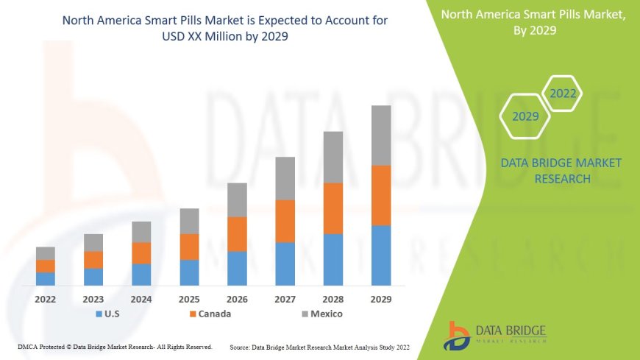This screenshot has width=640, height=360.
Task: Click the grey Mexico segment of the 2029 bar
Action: [381, 135]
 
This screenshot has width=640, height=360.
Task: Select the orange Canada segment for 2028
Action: [333, 208]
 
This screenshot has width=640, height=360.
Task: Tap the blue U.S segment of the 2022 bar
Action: [46, 278]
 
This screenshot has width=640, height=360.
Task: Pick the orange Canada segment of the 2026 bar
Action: [237, 234]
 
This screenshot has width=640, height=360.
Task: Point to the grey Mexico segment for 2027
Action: [285, 178]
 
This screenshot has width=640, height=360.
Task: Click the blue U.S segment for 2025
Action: [189, 272]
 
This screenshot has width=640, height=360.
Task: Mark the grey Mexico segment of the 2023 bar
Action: [93, 242]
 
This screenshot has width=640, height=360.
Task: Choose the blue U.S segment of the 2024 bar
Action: [141, 274]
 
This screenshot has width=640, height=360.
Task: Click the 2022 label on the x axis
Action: [46, 300]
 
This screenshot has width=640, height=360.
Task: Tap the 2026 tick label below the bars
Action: [237, 300]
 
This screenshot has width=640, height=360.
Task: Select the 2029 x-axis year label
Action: [381, 300]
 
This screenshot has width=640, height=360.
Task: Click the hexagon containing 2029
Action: [525, 116]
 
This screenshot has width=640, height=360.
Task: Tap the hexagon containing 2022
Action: [563, 93]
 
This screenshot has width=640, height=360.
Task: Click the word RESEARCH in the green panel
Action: [561, 179]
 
